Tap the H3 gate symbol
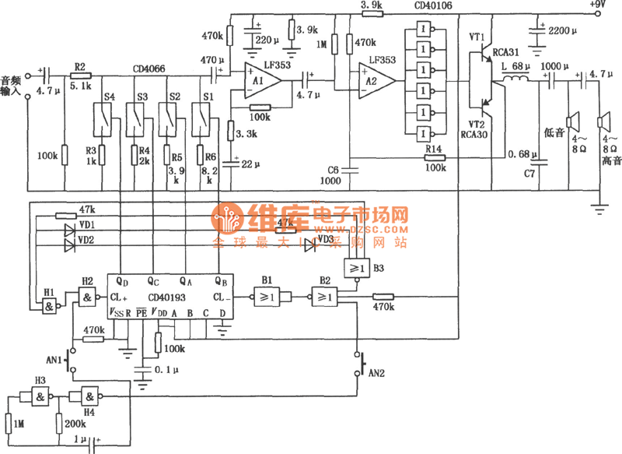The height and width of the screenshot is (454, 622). coord(39,397)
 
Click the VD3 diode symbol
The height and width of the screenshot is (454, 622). coord(311,243)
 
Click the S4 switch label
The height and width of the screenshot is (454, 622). coord(109,97)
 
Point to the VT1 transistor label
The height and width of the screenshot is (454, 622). coord(477,37)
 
